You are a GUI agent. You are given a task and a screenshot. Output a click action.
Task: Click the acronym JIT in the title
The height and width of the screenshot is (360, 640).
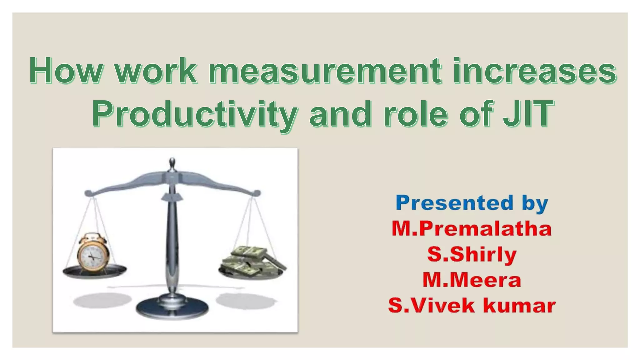(x=528, y=114)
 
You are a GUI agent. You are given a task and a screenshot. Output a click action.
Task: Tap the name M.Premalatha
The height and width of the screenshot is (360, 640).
(x=472, y=229)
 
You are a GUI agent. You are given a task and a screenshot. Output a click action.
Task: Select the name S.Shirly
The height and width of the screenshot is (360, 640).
(x=472, y=254)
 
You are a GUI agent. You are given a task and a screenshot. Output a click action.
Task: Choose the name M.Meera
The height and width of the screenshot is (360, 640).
(x=472, y=280)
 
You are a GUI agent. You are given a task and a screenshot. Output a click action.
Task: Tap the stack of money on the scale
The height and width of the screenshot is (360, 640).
(x=253, y=261)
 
